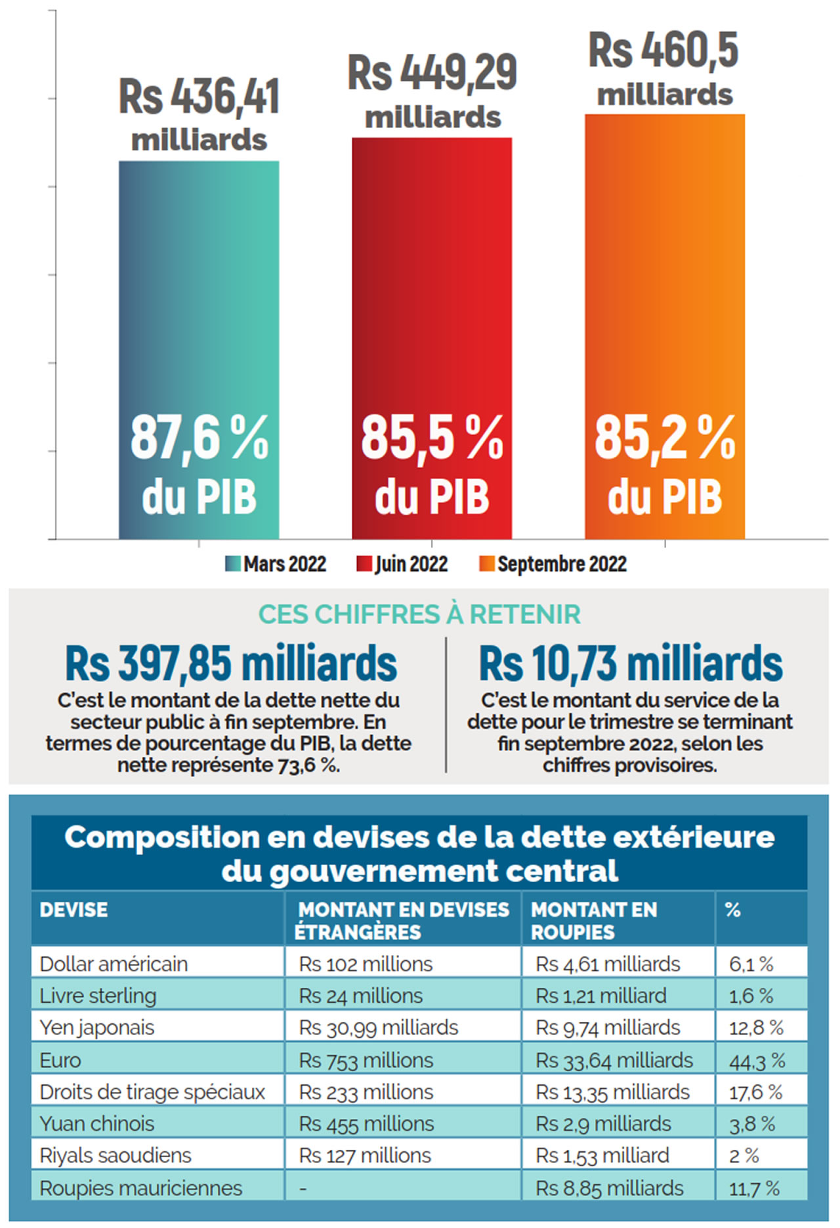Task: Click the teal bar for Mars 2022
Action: (x=199, y=295)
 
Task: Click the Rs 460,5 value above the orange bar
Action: (x=663, y=51)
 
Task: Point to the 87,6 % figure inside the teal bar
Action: (x=199, y=438)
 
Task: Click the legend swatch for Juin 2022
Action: (x=364, y=564)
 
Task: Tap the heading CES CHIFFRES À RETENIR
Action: (x=419, y=614)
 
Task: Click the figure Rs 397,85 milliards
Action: (x=231, y=664)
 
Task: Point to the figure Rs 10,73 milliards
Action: (x=631, y=664)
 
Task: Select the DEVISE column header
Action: (x=73, y=910)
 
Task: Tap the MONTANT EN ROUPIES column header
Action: (x=593, y=920)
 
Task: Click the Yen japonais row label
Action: (x=97, y=1027)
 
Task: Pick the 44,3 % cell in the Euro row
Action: (x=757, y=1060)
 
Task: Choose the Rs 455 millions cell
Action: (x=366, y=1124)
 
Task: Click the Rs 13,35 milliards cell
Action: (x=612, y=1091)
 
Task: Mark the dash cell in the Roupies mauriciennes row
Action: (x=303, y=1189)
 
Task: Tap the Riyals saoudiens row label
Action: (x=115, y=1155)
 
